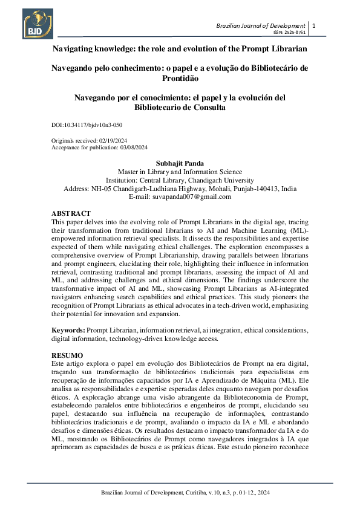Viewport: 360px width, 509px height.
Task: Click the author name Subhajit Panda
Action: click(x=180, y=163)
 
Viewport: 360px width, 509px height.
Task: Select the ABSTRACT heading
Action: click(x=71, y=213)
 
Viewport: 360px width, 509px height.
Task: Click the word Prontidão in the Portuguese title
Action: click(x=180, y=78)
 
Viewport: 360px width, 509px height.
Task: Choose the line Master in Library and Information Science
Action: click(x=180, y=172)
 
